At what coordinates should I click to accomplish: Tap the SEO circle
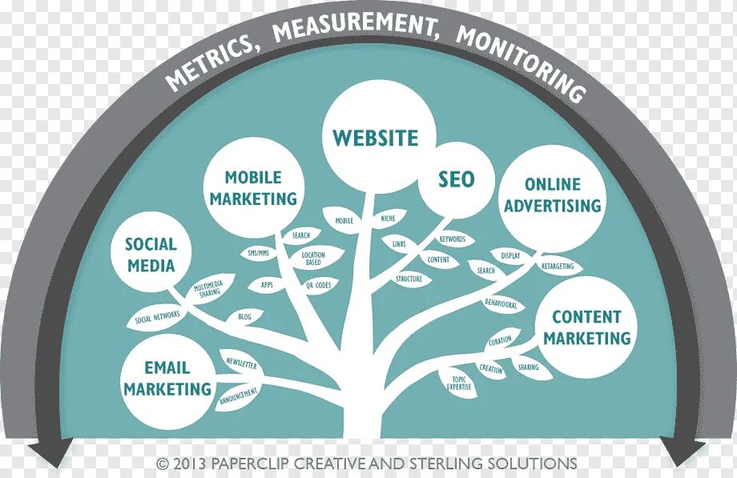pos(456,179)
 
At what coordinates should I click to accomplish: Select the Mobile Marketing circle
pos(253,187)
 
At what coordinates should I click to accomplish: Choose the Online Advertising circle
pos(552,195)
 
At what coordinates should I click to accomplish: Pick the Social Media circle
pos(150,254)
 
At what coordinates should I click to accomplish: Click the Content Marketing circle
pos(587,327)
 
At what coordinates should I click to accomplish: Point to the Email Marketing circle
pos(167,378)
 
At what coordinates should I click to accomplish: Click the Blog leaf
pos(244,317)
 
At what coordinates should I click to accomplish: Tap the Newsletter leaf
pos(240,364)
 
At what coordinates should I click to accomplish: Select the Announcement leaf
pos(239,394)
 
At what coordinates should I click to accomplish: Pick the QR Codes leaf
pos(318,284)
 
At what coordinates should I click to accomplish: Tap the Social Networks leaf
pos(157,318)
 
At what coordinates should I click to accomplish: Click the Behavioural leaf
pos(501,305)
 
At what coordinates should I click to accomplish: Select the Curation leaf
pos(500,340)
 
